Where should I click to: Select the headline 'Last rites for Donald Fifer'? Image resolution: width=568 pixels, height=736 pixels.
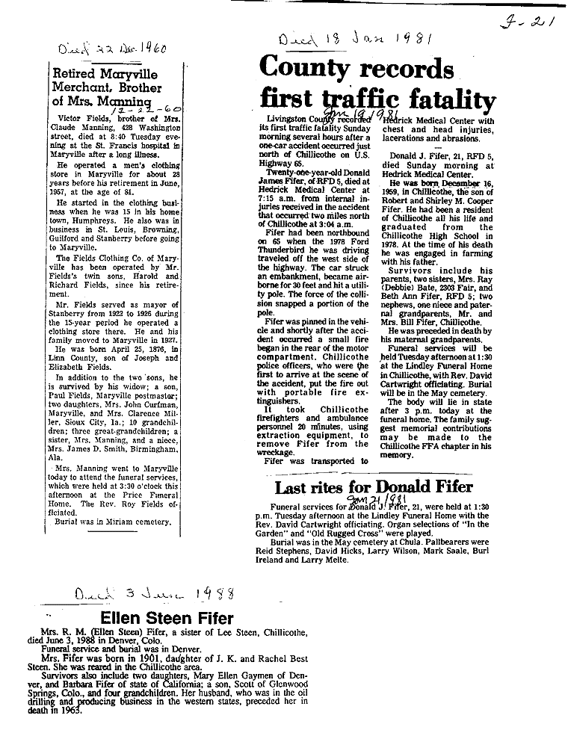tap(374, 487)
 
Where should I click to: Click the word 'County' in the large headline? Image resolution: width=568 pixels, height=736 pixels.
tap(303, 71)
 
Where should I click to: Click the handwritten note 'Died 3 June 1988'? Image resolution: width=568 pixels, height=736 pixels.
tap(155, 595)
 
